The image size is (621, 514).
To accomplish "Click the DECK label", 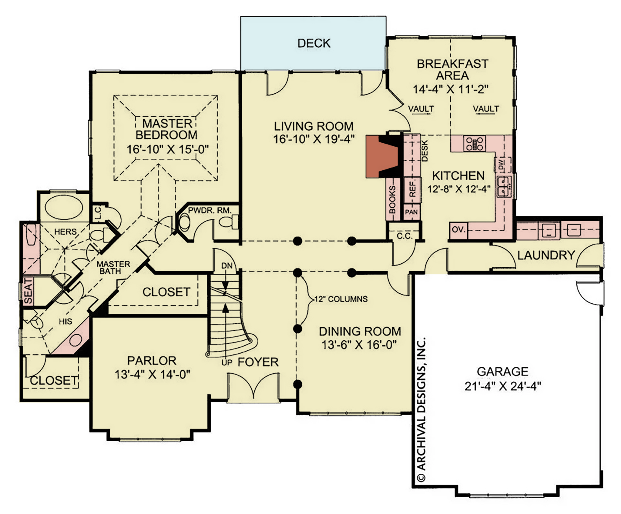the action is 314,43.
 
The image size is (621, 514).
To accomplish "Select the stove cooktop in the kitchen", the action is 475,143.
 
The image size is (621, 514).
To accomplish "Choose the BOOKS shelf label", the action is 392,199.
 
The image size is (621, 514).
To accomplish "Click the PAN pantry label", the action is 411,212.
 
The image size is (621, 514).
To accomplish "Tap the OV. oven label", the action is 458,230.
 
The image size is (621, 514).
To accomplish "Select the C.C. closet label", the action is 404,236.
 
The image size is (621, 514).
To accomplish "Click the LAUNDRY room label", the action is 546,255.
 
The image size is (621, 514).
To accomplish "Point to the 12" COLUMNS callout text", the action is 341,299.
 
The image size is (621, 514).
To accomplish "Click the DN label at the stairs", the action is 227,266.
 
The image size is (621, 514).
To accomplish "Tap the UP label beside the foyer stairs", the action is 227,362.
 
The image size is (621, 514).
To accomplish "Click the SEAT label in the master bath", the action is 28,291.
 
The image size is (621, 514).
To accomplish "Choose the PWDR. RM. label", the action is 210,210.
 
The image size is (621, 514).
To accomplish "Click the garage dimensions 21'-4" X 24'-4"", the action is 503,386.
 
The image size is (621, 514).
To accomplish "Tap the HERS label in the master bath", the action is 65,232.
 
